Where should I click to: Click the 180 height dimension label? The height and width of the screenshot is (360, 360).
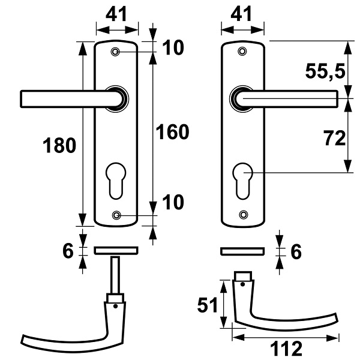(x=59, y=145)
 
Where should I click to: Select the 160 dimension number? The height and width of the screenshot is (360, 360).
(x=172, y=132)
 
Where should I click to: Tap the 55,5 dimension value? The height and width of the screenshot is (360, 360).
(x=325, y=71)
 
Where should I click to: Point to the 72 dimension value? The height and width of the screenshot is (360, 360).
(x=335, y=138)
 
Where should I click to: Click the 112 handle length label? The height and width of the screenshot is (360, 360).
(x=286, y=348)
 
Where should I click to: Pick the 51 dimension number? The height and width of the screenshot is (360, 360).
(x=208, y=305)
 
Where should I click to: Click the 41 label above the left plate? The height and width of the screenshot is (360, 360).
(x=116, y=14)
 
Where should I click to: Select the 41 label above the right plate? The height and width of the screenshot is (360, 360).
(x=241, y=14)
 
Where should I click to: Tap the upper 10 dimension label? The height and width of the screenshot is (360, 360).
(x=173, y=47)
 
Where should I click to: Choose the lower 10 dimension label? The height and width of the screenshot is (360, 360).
(x=173, y=202)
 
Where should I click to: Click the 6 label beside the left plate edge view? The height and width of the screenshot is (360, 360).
(x=68, y=250)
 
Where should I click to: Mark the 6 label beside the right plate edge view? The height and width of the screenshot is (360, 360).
(x=296, y=252)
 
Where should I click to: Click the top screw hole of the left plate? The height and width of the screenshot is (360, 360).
(x=115, y=52)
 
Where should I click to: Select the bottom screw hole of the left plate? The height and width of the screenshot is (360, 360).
(x=116, y=215)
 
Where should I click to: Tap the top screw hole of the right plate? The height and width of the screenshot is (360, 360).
(x=242, y=51)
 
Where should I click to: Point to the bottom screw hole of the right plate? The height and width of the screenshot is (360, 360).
(x=244, y=214)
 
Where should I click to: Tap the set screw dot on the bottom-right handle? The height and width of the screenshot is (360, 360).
(x=242, y=284)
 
